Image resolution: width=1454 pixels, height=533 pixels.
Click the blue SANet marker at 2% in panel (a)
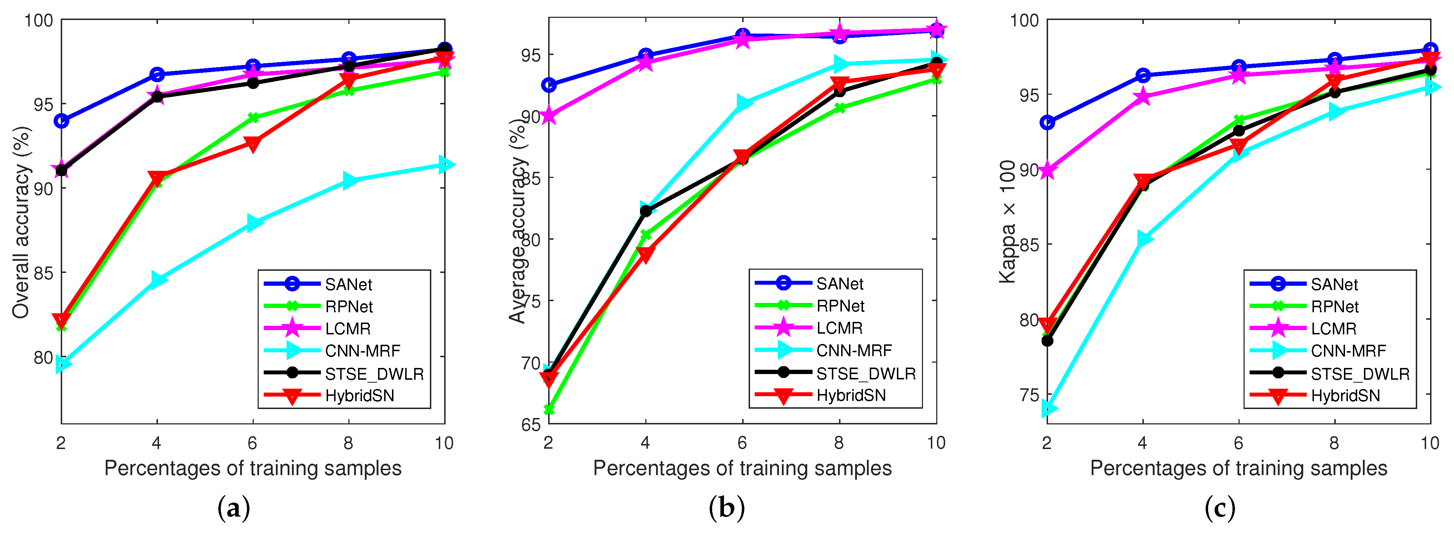tap(61, 121)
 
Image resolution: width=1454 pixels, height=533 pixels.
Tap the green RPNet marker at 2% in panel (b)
tap(549, 409)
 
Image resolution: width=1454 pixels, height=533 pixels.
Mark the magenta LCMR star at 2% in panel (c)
tap(1048, 170)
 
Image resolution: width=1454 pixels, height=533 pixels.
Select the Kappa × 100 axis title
tap(1008, 221)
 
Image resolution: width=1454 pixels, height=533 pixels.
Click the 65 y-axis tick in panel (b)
tap(531, 424)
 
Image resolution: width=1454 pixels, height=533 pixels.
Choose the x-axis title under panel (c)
tap(1239, 468)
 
